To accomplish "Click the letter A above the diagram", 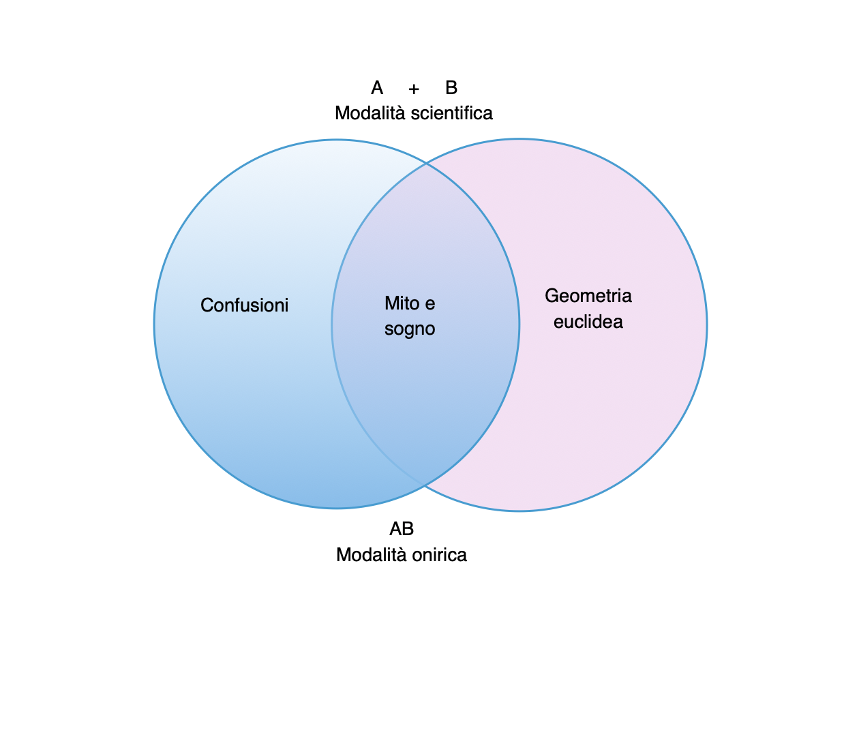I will pyautogui.click(x=377, y=88).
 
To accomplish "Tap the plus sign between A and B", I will pyautogui.click(x=414, y=89).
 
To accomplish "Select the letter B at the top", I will pyautogui.click(x=451, y=88).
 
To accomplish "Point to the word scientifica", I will pyautogui.click(x=452, y=112).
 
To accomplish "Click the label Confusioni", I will pyautogui.click(x=244, y=305).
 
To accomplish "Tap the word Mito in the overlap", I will pyautogui.click(x=401, y=303).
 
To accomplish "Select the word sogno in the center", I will pyautogui.click(x=410, y=329).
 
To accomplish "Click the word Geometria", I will pyautogui.click(x=588, y=296).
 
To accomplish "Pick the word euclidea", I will pyautogui.click(x=588, y=322).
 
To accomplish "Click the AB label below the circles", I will pyautogui.click(x=402, y=529).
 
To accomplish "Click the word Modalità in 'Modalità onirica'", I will pyautogui.click(x=372, y=555).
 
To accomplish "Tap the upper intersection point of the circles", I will pyautogui.click(x=427, y=164).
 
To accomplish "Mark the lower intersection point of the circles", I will pyautogui.click(x=424, y=485).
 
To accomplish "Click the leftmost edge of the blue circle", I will pyautogui.click(x=155, y=325).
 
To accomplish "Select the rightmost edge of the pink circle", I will pyautogui.click(x=707, y=325).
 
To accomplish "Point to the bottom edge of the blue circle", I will pyautogui.click(x=337, y=508).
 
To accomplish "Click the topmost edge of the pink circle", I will pyautogui.click(x=519, y=140).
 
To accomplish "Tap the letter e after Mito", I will pyautogui.click(x=429, y=303).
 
